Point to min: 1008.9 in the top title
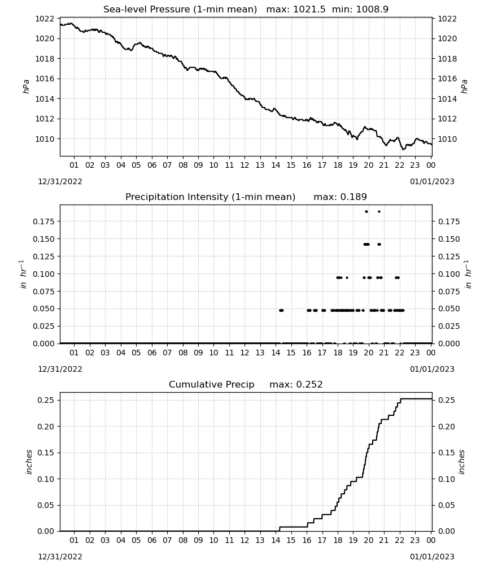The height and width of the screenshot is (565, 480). (360, 10)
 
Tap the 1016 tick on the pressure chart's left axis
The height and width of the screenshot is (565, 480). (45, 79)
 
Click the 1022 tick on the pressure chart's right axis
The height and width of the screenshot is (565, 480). (447, 19)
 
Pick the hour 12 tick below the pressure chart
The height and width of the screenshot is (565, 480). (245, 165)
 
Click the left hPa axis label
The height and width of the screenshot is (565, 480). (27, 86)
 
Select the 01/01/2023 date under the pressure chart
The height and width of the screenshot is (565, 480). (432, 181)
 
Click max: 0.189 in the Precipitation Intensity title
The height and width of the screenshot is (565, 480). (340, 197)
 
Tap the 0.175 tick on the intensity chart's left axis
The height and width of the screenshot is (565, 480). (44, 221)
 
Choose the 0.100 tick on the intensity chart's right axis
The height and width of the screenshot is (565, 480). (449, 274)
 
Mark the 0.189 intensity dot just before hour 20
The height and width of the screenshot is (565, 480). (366, 211)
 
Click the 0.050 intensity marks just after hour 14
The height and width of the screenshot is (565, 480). (281, 310)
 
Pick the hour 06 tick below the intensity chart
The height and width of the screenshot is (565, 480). (152, 353)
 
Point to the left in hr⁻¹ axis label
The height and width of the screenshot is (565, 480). (23, 274)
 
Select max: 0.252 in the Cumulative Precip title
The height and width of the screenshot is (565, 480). (296, 384)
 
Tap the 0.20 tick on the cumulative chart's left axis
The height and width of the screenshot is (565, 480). (46, 427)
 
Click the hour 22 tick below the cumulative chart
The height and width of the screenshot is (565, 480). (399, 540)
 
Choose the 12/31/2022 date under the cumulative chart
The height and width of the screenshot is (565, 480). (60, 557)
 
